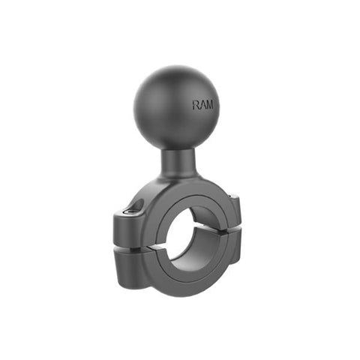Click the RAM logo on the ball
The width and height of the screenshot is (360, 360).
coord(202,105)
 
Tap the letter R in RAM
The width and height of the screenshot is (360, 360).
coord(196,105)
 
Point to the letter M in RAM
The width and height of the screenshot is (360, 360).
coord(209,105)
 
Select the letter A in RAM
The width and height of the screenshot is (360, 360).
coord(202,105)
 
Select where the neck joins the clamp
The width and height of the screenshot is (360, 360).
coord(177,180)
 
